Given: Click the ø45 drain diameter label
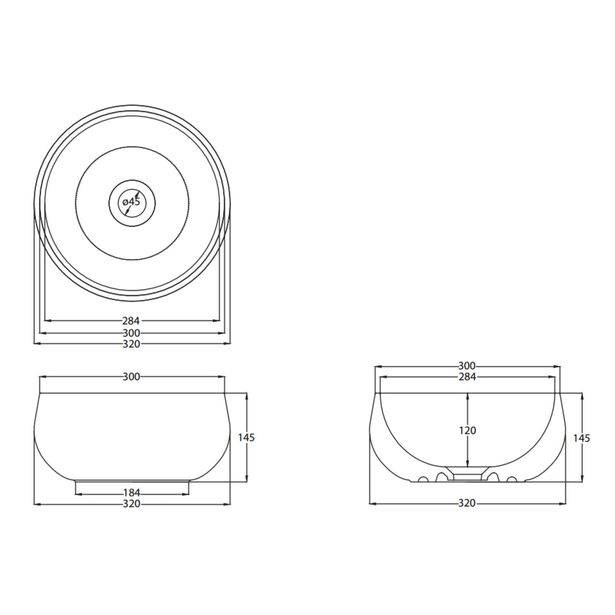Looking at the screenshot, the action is pos(131,202).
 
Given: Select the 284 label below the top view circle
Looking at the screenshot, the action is pos(131,320).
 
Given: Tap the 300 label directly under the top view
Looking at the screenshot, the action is pos(131,333).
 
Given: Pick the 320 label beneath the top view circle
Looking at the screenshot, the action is pos(131,344).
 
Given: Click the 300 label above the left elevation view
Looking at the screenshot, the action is pos(131,377).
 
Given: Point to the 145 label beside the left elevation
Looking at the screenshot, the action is pos(246,438).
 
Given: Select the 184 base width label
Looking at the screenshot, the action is pos(131,493).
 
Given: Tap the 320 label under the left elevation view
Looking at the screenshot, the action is pos(131,504).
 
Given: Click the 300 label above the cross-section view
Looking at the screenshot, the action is pos(467,366).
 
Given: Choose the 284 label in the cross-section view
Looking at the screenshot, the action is pos(467,377).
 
